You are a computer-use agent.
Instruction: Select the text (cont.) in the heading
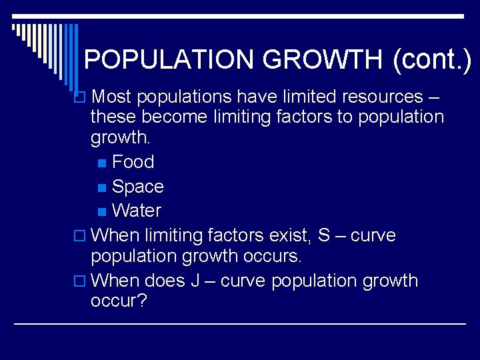(432, 60)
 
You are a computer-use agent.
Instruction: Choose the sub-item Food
(133, 162)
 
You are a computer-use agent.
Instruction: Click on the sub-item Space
(138, 187)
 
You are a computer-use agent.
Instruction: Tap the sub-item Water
(137, 211)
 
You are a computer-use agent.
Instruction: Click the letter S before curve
(324, 235)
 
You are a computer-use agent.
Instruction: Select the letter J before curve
(195, 281)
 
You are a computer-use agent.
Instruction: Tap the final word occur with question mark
(119, 301)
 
